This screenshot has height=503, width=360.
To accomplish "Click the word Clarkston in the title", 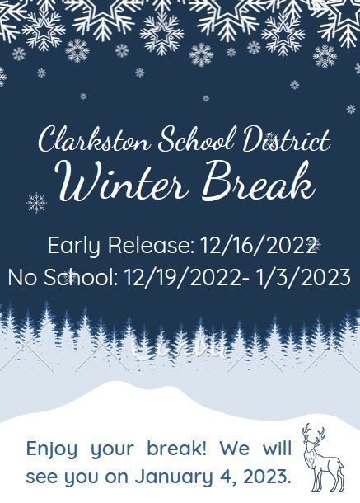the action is tap(94, 139).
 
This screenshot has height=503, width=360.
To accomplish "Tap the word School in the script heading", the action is tap(195, 139).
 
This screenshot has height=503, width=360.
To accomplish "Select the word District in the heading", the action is tap(286, 139).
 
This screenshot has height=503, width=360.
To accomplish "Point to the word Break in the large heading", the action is tap(259, 181).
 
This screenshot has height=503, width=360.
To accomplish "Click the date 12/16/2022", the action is tap(258, 246).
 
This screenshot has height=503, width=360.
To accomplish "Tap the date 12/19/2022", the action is tap(182, 278).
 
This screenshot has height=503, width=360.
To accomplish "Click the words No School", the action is tap(63, 278).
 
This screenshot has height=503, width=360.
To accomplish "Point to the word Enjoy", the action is tap(52, 449).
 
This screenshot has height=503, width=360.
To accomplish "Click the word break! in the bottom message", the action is tap(176, 448).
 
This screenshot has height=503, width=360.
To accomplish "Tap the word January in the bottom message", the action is tap(174, 477).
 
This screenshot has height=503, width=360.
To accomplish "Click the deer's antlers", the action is tap(314, 434).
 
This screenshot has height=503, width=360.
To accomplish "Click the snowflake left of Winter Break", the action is tap(36, 203).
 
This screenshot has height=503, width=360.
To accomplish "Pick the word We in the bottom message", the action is tap(234, 448).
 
